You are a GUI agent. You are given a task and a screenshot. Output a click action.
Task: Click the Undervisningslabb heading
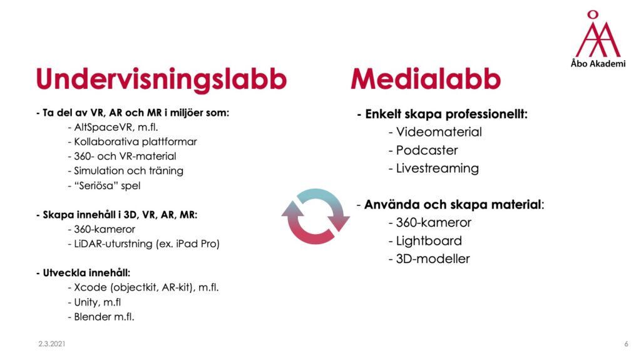coord(162,79)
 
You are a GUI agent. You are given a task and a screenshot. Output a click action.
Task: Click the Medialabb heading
coord(426,79)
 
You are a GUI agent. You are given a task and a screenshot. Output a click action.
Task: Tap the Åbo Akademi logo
coord(598,39)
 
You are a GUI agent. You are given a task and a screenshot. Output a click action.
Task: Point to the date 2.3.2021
coord(52,344)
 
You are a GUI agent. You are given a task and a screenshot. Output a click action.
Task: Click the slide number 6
coord(626,344)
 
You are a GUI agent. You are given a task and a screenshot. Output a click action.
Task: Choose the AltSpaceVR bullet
coord(113,127)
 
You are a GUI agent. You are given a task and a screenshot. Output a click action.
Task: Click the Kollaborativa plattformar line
coord(133,141)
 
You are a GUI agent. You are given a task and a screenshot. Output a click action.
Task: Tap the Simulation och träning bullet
coord(125,170)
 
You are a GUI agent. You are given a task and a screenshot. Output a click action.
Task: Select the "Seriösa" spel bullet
coord(105,185)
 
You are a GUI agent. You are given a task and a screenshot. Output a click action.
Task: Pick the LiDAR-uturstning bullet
coord(144,244)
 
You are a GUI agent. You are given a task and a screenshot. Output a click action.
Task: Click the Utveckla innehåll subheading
coord(83,273)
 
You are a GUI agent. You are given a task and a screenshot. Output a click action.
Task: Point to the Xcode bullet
coord(143,287)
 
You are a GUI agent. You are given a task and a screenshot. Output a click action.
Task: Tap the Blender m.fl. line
coord(101,317)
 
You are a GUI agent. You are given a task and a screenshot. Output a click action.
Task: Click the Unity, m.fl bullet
coord(95,302)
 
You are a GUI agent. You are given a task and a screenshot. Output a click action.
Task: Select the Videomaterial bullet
coord(436,131)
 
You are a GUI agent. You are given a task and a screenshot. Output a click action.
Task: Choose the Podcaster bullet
coord(423,150)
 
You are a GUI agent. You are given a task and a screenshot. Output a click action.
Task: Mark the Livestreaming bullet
coord(434,168)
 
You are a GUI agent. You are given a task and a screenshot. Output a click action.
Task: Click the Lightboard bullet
coord(425,240)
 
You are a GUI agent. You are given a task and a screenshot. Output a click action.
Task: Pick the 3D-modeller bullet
coord(429,259)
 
